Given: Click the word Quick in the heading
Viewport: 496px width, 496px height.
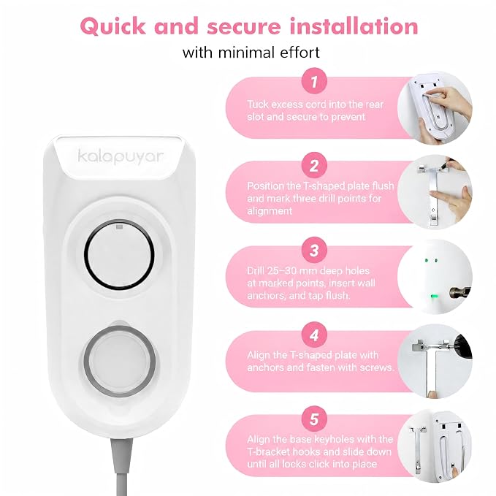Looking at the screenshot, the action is point(113,27).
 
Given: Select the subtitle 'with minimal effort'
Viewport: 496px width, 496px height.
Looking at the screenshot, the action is point(251,53).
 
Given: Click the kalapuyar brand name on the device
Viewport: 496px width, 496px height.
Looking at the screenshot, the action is point(121,156).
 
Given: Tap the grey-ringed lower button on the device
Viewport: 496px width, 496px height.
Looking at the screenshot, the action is point(120,361).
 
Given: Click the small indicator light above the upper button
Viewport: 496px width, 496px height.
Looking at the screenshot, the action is point(119,226).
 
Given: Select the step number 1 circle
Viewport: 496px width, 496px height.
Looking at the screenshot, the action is point(313,81).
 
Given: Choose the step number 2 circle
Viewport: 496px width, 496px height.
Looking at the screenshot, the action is point(313,165).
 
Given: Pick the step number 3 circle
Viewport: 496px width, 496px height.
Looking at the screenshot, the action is point(313,251).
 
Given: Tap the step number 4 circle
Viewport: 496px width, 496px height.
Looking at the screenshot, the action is point(313,335).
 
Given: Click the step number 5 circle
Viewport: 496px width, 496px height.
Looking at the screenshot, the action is point(313,419).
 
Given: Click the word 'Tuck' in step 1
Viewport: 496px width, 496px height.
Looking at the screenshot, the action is point(257,104).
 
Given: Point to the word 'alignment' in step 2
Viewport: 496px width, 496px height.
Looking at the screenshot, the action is point(270,211).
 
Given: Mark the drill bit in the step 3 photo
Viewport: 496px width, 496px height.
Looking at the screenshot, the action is point(459,293).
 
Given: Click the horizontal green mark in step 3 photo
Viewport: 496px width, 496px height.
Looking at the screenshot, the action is point(435,297).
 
